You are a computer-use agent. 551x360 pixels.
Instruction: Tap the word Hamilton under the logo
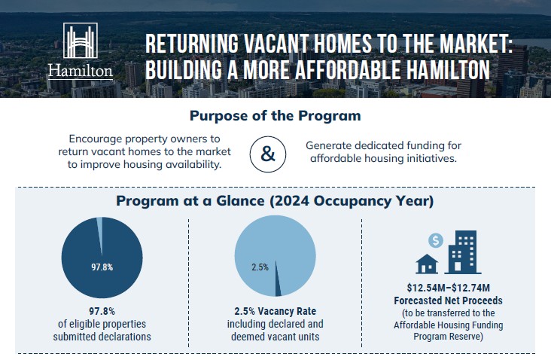click(80, 72)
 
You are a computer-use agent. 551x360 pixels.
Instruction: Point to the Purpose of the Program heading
click(275, 117)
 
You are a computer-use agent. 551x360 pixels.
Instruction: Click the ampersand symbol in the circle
click(268, 154)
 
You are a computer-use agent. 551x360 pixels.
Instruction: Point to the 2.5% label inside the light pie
click(260, 267)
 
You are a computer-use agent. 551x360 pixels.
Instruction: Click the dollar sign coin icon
click(435, 241)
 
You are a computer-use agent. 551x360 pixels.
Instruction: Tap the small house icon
click(428, 264)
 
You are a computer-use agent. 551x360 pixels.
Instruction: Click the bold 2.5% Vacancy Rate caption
click(275, 312)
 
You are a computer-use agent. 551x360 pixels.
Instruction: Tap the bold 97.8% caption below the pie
click(102, 312)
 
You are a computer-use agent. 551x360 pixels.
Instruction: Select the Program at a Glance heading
click(275, 202)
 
